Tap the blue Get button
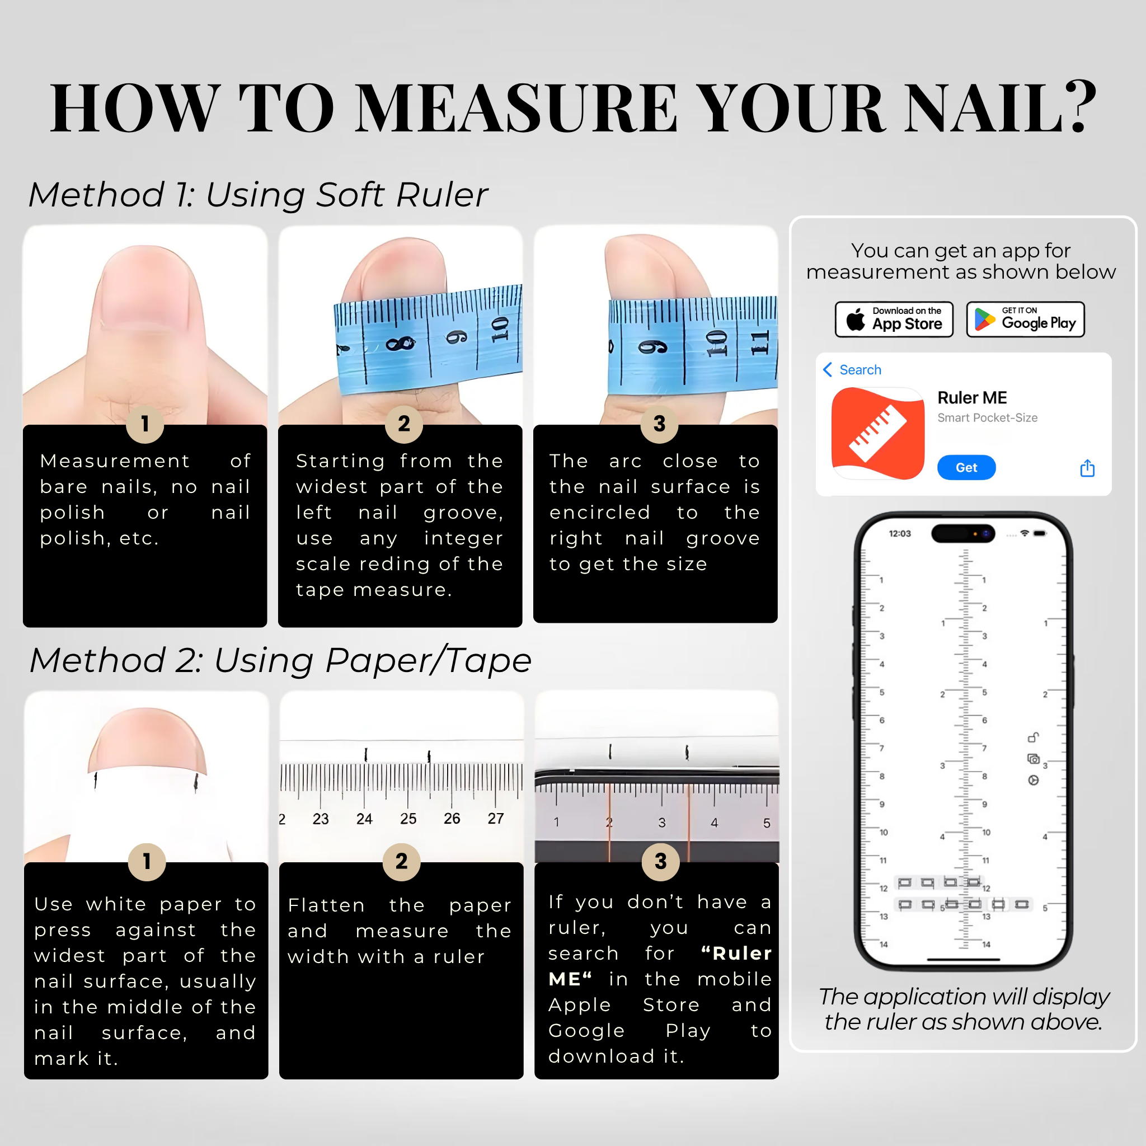(966, 467)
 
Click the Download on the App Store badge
(894, 319)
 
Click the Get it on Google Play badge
(1025, 319)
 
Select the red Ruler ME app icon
(878, 433)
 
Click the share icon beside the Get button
(1087, 468)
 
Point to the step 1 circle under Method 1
(145, 424)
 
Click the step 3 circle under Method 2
(661, 862)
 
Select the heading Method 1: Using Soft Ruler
(258, 195)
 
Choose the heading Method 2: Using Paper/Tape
(280, 660)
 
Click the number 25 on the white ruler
(408, 819)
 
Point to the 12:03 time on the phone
(899, 533)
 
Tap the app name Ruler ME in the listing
(972, 397)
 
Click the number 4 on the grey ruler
(714, 823)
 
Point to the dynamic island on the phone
(964, 533)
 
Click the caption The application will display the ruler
(964, 1009)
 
